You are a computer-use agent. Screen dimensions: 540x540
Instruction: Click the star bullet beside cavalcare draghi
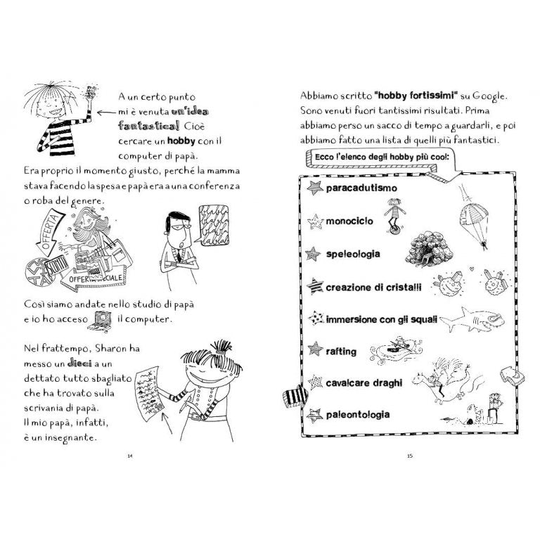[x=314, y=382]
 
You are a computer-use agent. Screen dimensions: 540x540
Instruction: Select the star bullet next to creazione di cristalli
[x=315, y=285]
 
